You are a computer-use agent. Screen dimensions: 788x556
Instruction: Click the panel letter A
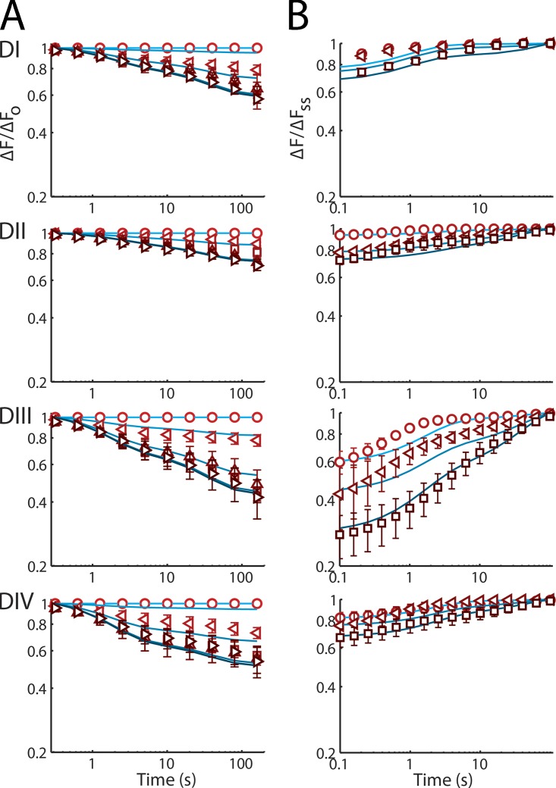17,14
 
